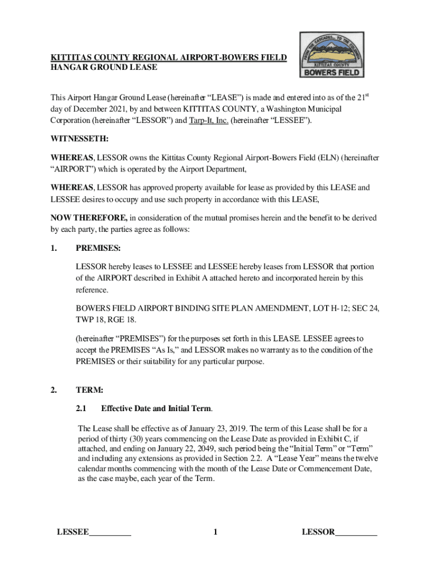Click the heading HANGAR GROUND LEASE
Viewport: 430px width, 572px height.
104,68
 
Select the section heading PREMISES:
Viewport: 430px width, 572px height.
98,247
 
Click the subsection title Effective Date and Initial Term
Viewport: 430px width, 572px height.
156,409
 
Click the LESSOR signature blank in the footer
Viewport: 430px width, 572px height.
356,532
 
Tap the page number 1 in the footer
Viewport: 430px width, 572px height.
215,532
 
